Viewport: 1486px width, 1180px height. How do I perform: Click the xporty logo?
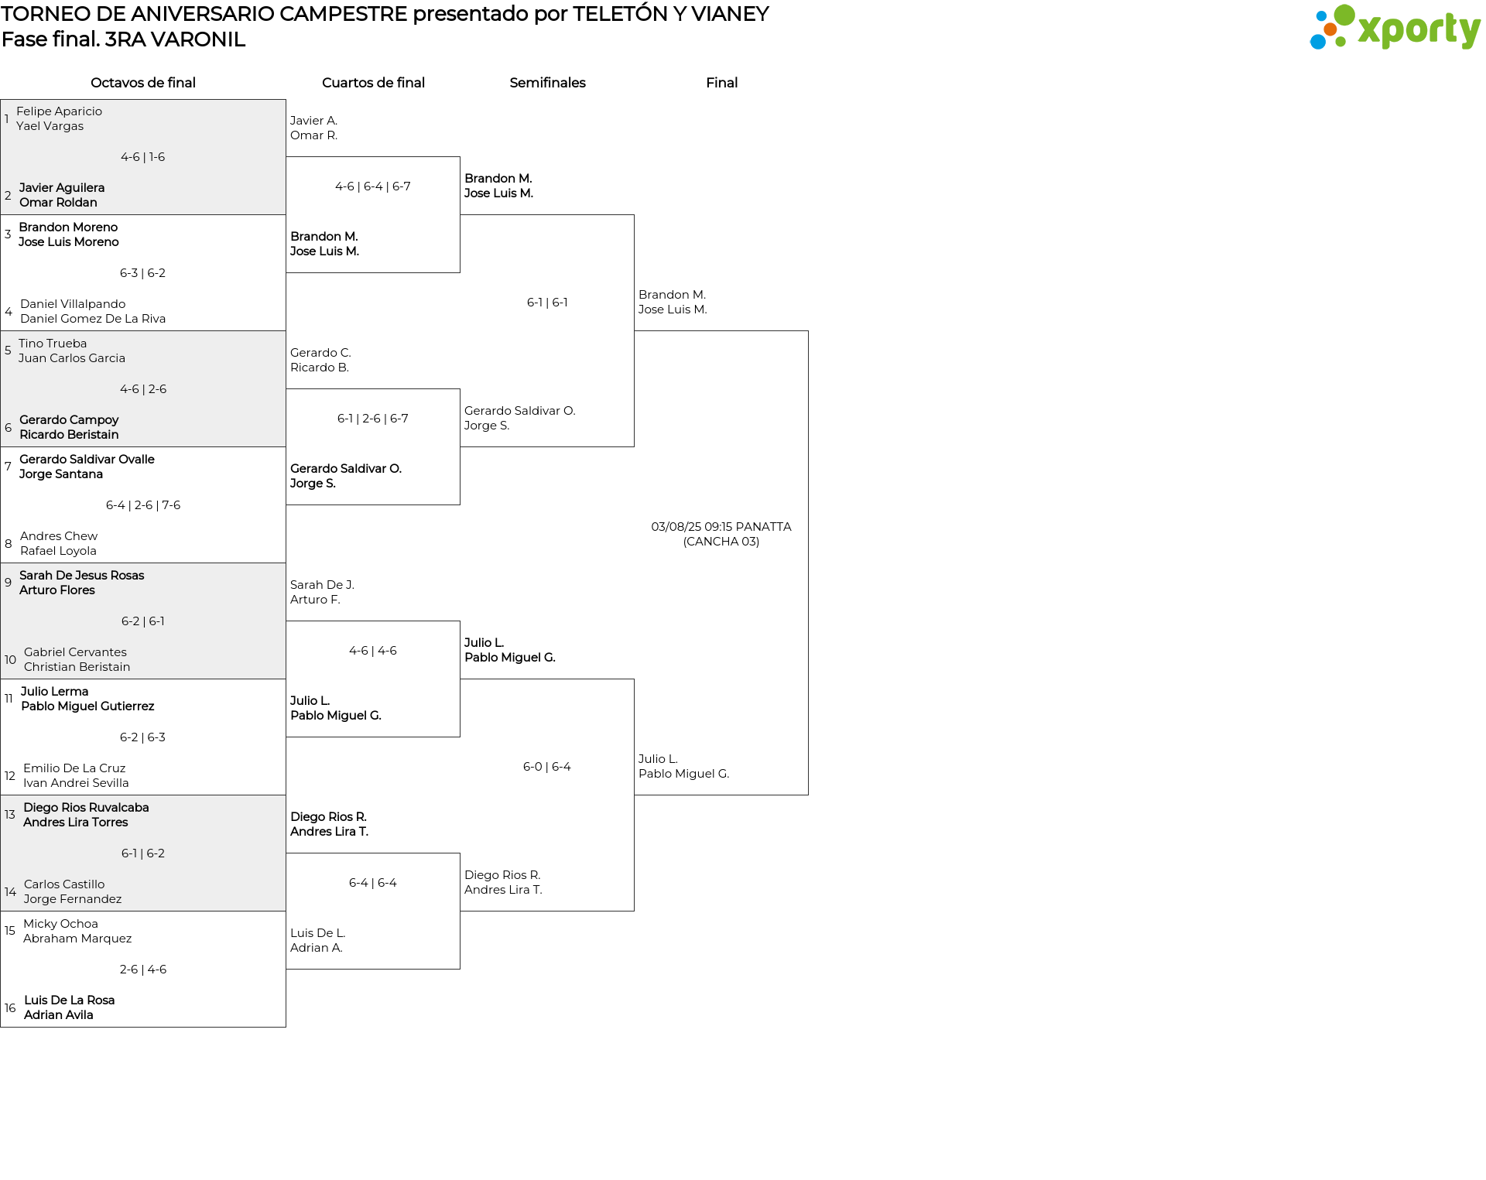1395,27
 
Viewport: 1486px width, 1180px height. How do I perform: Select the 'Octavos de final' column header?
143,83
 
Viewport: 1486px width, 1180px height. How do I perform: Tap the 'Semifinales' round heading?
547,83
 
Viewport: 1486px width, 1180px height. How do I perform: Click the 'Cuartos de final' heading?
373,83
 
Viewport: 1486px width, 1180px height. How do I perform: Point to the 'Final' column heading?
721,83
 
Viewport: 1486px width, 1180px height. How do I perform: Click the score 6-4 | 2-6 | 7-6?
143,505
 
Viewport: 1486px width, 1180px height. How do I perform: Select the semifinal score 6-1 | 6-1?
547,303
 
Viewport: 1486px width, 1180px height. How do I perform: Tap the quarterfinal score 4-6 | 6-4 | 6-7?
373,186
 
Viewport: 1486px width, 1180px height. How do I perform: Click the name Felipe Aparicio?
60,111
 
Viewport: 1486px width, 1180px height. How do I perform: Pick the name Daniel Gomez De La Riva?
93,319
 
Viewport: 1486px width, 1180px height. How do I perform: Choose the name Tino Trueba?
53,344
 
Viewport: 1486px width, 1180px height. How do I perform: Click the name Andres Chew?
59,536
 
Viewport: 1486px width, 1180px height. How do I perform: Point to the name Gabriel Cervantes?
75,652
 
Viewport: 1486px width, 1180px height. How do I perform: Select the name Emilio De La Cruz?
74,768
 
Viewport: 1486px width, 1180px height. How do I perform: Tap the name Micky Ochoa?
60,924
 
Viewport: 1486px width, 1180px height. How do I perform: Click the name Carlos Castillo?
64,884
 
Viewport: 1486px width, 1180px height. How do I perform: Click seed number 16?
10,1008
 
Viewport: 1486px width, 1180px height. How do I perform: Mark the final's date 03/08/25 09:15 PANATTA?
721,527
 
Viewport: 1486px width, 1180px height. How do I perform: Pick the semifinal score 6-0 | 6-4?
547,767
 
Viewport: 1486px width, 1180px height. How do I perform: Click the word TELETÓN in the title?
621,14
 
